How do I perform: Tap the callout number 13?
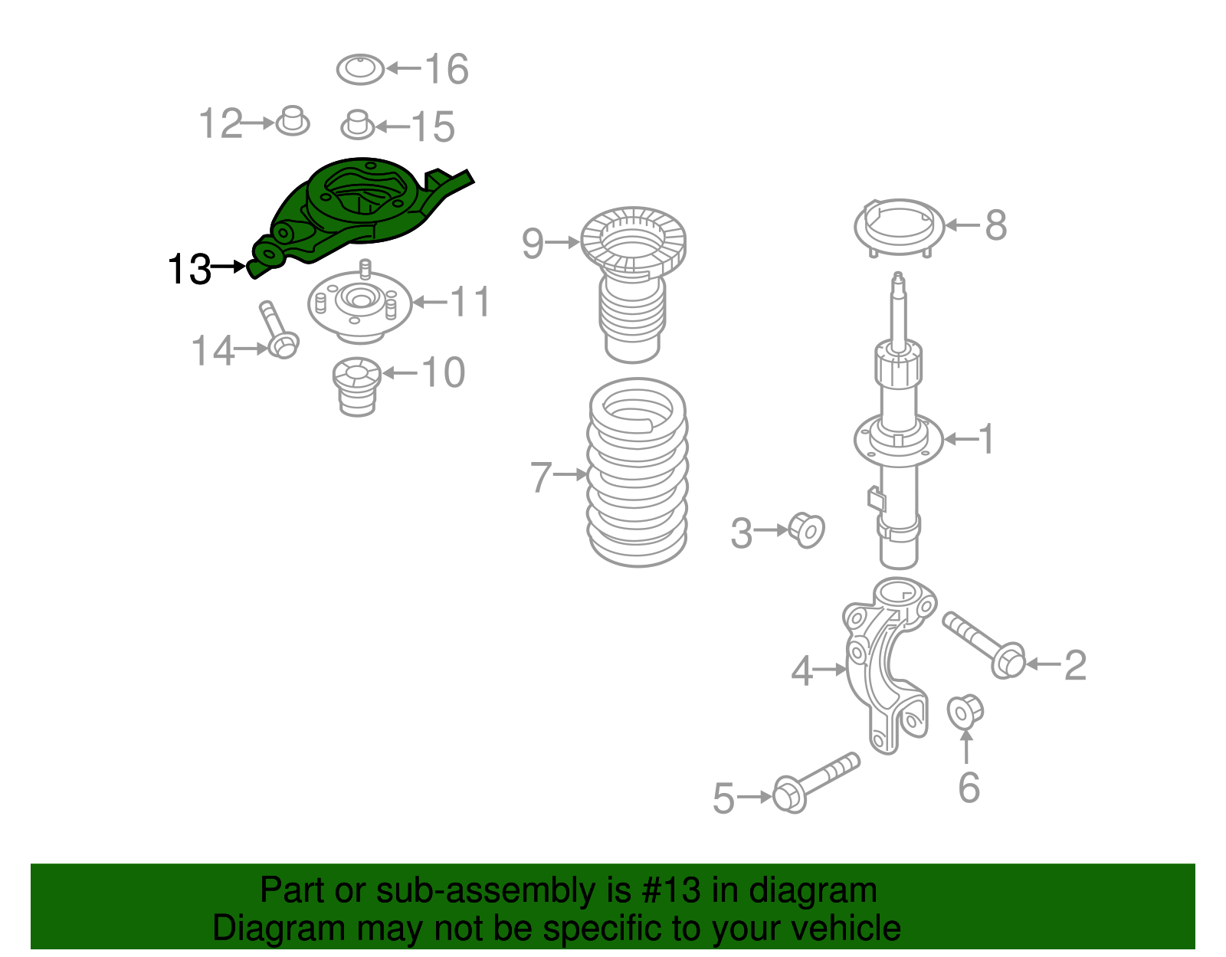(189, 270)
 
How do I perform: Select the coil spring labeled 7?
(637, 473)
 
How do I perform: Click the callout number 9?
(533, 243)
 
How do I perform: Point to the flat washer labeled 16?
(360, 70)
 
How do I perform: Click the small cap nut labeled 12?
(292, 121)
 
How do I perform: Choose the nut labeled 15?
(357, 126)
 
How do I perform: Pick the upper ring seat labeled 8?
(899, 226)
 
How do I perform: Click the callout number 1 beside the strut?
(986, 439)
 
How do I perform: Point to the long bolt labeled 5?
(815, 782)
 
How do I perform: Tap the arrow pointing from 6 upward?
(966, 746)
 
